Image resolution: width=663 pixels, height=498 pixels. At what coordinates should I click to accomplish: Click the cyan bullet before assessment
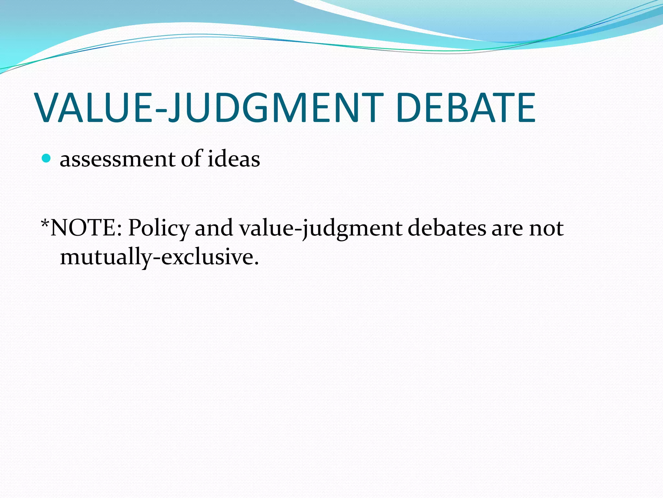click(x=47, y=158)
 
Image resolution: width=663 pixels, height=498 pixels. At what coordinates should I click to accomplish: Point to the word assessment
click(x=118, y=160)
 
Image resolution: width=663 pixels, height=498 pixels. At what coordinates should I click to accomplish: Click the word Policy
click(x=158, y=229)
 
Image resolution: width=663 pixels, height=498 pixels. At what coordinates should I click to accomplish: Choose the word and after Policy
click(x=214, y=228)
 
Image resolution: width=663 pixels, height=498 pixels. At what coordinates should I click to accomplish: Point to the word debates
click(x=447, y=228)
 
